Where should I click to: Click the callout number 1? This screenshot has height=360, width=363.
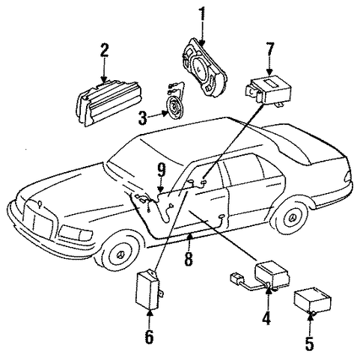click(202, 14)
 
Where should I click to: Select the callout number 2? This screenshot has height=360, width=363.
click(104, 50)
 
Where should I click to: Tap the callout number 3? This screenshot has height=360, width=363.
click(142, 118)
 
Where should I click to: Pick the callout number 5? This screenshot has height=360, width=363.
click(309, 343)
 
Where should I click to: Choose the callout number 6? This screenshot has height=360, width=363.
click(149, 337)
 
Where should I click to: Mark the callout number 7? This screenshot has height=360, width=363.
click(270, 50)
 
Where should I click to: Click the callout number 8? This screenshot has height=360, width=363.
click(189, 258)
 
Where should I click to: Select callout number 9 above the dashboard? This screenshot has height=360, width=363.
click(162, 170)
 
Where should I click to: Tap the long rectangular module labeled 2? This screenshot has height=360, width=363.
click(109, 103)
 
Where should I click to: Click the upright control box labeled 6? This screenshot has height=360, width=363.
click(148, 290)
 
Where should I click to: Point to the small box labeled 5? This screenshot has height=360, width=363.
click(312, 300)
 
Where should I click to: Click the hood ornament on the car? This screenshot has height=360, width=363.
click(39, 204)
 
